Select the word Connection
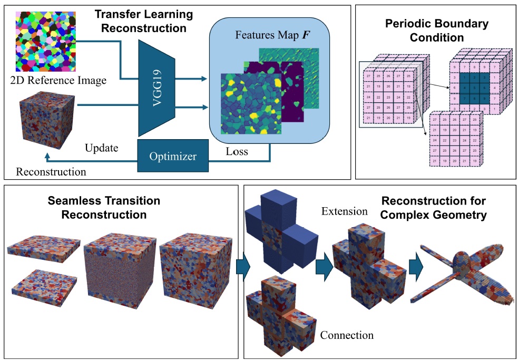[347, 335]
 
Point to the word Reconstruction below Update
[51, 171]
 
